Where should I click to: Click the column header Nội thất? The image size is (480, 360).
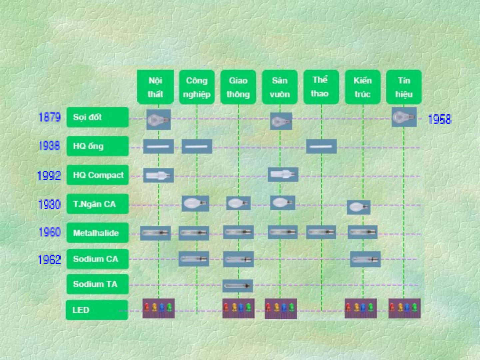coord(155,87)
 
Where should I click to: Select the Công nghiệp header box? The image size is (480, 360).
coord(197,87)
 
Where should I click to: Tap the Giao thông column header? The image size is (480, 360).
coord(238,87)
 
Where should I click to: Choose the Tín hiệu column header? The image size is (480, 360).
coord(404,87)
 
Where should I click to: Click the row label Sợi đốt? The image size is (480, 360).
coord(97,117)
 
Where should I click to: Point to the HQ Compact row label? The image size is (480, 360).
coord(97,175)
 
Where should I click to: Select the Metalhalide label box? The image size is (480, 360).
coord(97,232)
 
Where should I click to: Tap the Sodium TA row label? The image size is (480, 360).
coord(97,284)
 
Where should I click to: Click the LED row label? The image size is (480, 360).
coord(97,310)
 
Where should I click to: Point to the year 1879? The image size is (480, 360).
coord(50,117)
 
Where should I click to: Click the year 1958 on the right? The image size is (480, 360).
coord(439,119)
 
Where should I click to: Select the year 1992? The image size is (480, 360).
coord(49,176)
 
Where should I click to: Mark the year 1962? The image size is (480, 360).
coord(49,259)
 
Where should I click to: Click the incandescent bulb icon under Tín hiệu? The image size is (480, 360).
coord(404,117)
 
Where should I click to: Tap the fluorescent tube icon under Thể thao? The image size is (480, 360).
coord(321,147)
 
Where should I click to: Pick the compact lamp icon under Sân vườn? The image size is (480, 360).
coord(283,174)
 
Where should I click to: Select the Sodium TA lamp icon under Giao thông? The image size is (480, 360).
coord(238,286)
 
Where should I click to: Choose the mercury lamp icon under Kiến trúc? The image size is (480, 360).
coord(359,207)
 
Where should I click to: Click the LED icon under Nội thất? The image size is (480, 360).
coord(159,308)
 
